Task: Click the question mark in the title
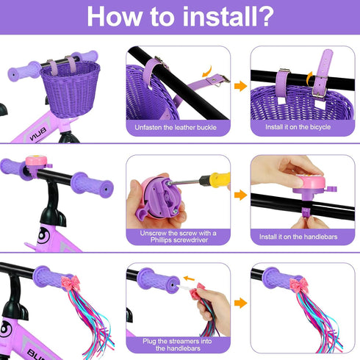(265, 17)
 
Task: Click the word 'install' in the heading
(220, 17)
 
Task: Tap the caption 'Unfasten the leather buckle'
(176, 127)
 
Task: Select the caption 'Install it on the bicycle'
(298, 127)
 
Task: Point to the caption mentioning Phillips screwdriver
(179, 237)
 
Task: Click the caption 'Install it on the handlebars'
(298, 237)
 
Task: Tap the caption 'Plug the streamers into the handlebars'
(177, 345)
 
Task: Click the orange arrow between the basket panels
(240, 86)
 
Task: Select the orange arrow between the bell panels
(240, 195)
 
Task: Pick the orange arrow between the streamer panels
(240, 303)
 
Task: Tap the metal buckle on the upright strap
(320, 87)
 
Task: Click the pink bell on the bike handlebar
(36, 161)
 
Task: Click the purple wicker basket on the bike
(71, 90)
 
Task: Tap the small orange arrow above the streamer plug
(189, 278)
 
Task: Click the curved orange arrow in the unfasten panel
(207, 71)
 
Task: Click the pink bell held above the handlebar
(310, 183)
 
